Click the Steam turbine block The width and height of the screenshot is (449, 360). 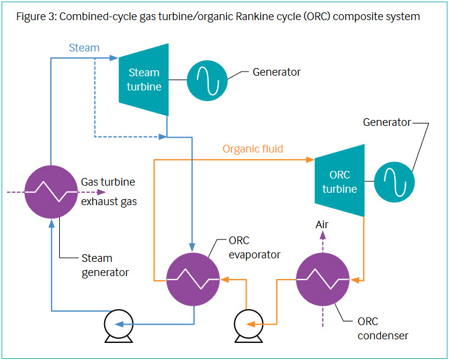point(144,80)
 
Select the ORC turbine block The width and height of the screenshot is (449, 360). point(340,181)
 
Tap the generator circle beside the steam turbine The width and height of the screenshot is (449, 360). point(207,80)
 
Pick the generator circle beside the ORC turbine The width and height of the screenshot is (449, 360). point(395,182)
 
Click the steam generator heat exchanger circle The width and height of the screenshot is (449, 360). point(51,192)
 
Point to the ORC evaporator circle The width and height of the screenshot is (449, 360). point(193,279)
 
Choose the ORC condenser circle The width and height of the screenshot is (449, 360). point(323,279)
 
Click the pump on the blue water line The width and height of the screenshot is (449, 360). point(118,326)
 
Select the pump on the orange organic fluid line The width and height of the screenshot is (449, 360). point(248,326)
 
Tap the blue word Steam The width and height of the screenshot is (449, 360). point(84,48)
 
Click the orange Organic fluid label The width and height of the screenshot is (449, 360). point(253,149)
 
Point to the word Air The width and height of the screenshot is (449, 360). point(322,225)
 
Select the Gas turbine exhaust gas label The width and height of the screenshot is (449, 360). point(109,192)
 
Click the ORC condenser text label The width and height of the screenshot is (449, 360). point(383,329)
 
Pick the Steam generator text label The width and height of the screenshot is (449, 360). point(105,265)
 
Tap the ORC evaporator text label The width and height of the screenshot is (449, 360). point(254,248)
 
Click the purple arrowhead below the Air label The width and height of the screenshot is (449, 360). point(323,235)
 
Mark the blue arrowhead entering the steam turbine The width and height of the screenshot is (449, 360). point(114,58)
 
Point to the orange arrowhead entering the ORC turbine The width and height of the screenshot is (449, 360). point(310,160)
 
